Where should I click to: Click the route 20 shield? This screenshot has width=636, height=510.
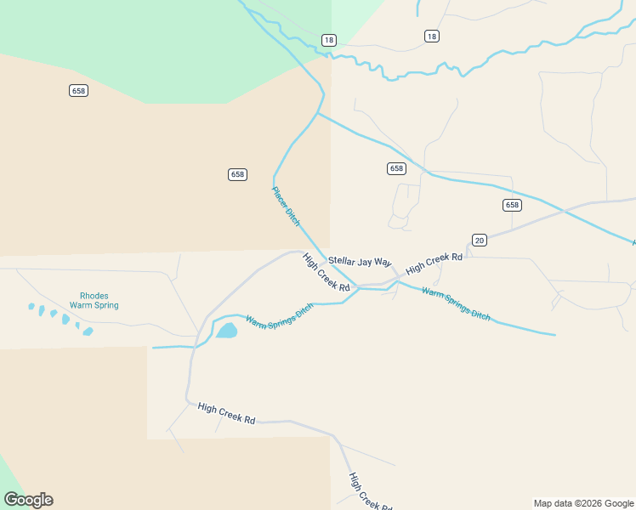tap(480, 241)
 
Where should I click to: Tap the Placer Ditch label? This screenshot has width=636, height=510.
tap(286, 206)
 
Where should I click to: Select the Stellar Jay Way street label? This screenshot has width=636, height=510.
tap(360, 262)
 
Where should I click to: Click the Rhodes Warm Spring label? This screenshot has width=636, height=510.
tap(94, 301)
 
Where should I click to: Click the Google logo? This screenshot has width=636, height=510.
tap(28, 500)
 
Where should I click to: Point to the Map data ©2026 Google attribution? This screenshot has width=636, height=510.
tap(583, 503)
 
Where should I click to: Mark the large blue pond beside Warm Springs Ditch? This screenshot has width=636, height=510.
tap(226, 330)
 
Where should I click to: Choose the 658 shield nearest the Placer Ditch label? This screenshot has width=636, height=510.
tap(237, 174)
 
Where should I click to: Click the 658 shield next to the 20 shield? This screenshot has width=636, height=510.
tap(512, 205)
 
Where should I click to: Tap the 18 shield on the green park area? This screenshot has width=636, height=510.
tap(329, 40)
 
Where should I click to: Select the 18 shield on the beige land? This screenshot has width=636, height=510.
tap(432, 36)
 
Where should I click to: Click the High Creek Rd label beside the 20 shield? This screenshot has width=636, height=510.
tap(434, 263)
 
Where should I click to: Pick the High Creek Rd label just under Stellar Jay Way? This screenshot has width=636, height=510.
tap(327, 273)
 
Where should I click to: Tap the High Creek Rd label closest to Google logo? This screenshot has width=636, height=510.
tap(226, 414)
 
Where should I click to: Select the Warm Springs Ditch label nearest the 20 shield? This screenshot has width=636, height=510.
tap(456, 303)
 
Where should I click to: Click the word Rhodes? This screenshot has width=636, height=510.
tap(88, 296)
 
